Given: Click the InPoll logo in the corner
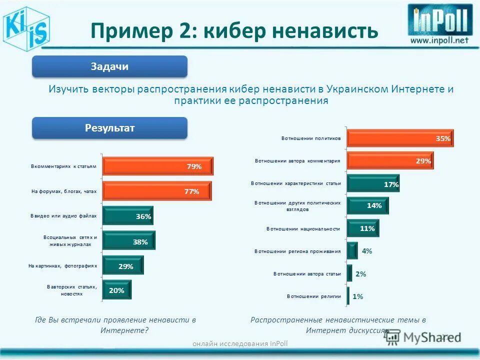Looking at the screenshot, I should pyautogui.click(x=440, y=20).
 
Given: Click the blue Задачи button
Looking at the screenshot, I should pyautogui.click(x=109, y=66).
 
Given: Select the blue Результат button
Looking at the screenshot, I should pyautogui.click(x=109, y=128).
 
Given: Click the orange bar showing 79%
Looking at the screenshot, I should pyautogui.click(x=158, y=166).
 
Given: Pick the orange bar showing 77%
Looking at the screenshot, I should pyautogui.click(x=157, y=191).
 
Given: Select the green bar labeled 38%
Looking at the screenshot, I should pyautogui.click(x=129, y=241).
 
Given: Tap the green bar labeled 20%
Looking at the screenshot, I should pyautogui.click(x=117, y=290).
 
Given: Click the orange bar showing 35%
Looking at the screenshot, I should pyautogui.click(x=400, y=138).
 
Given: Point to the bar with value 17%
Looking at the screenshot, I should pyautogui.click(x=373, y=184).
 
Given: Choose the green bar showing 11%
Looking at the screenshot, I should pyautogui.click(x=363, y=228).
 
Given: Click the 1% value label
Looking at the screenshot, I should pyautogui.click(x=357, y=296).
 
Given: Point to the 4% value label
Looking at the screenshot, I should pyautogui.click(x=367, y=251).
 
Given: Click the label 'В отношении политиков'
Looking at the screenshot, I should pyautogui.click(x=311, y=138).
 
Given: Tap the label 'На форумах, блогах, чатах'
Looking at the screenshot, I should pyautogui.click(x=63, y=191).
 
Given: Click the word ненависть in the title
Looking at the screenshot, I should pyautogui.click(x=324, y=31).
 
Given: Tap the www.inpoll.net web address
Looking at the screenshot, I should pyautogui.click(x=440, y=40).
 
